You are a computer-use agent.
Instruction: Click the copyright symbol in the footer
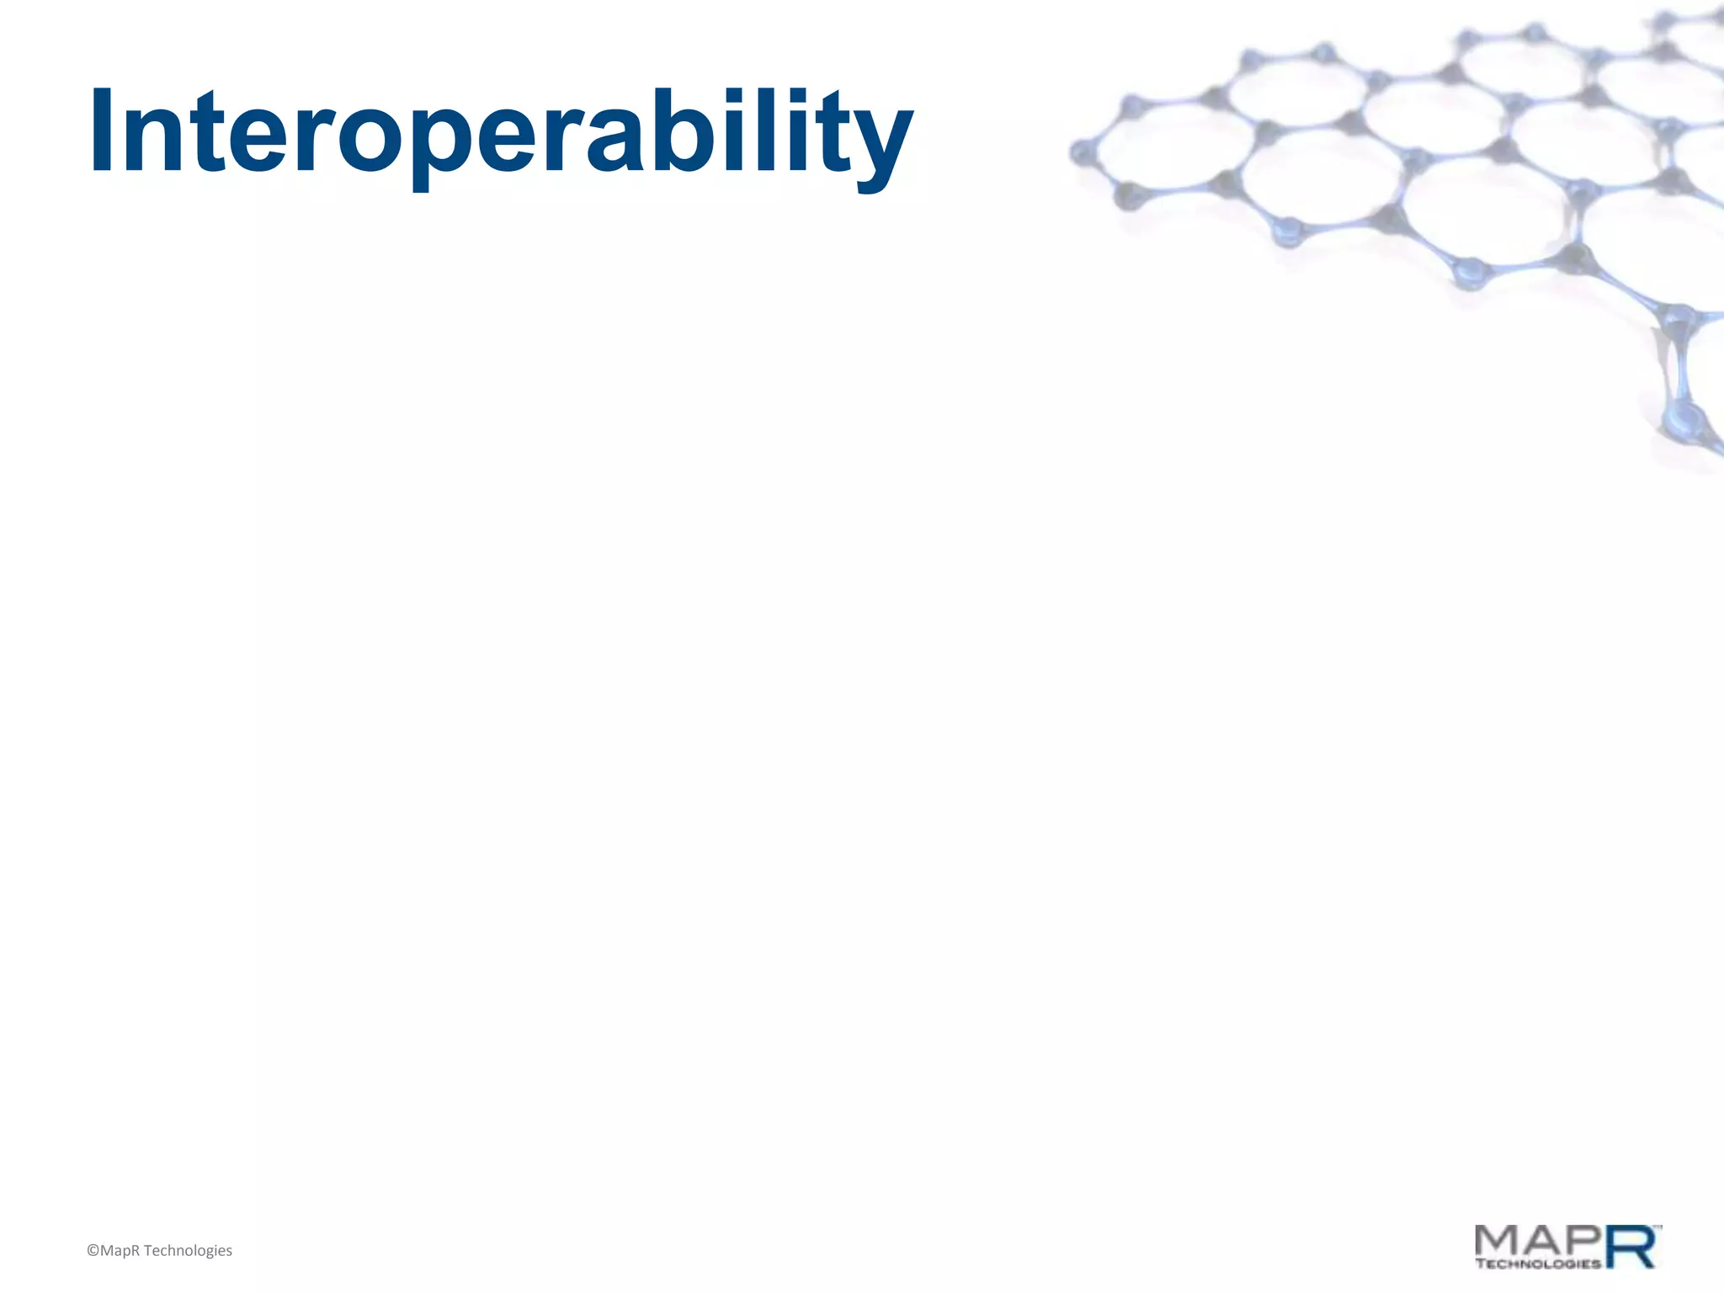click(x=93, y=1251)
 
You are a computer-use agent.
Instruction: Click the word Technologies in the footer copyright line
click(x=188, y=1251)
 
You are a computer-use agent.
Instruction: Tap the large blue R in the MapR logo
click(x=1631, y=1247)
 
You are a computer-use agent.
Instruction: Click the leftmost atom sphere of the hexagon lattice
click(x=1080, y=154)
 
